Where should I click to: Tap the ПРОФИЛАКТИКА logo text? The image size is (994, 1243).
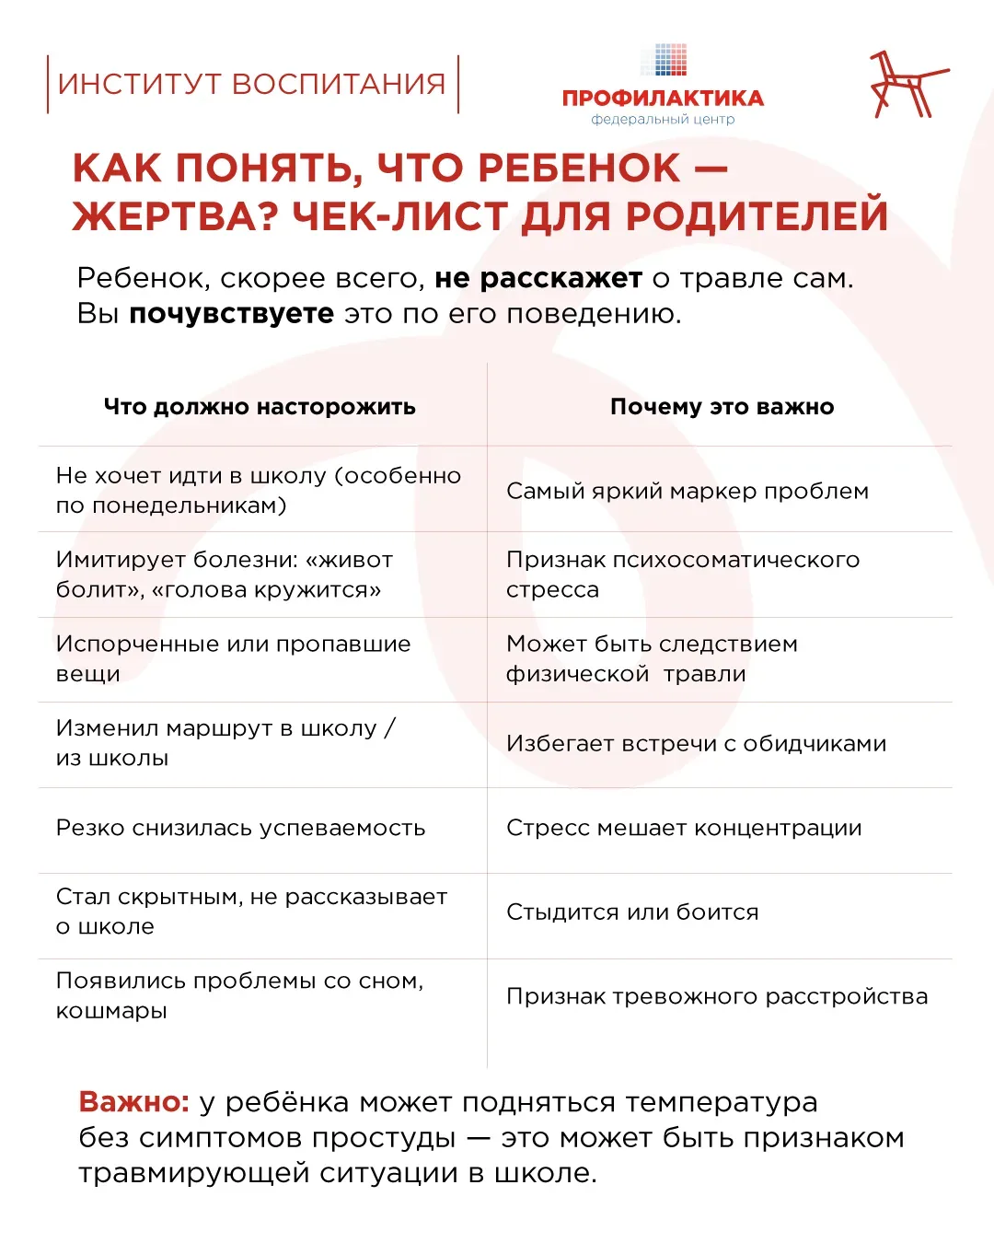663,99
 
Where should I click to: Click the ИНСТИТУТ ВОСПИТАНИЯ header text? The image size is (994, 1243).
251,84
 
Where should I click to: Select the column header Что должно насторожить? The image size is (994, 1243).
260,407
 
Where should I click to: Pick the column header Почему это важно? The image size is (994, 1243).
722,407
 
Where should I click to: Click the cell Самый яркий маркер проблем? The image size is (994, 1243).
687,491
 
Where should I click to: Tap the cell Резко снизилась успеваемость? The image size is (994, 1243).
240,828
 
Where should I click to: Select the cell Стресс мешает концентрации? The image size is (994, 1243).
684,828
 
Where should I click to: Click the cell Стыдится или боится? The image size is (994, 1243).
632,912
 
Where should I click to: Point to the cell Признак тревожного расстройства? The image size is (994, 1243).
717,996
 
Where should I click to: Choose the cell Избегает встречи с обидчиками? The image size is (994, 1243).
696,743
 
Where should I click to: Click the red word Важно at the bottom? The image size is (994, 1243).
133,1102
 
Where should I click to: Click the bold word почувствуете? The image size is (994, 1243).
231,314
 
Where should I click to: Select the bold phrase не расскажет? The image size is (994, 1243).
538,278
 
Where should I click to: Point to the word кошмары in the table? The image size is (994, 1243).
111,1011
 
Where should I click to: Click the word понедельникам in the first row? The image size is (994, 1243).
184,505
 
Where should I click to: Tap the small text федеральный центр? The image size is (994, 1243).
663,120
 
